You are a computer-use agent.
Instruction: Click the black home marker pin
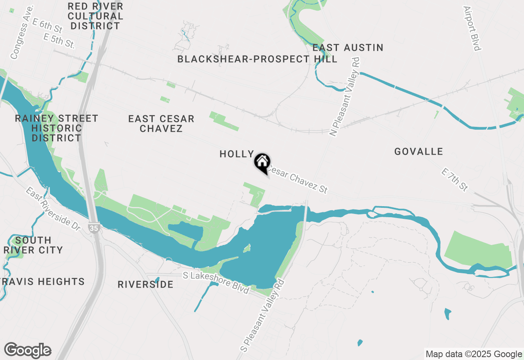pos(262,162)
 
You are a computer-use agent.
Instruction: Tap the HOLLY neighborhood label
pos(237,154)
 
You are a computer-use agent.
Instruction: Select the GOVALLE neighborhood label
pos(418,152)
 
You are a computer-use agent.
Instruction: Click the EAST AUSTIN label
pos(348,48)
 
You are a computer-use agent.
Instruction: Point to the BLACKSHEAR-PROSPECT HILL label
pos(257,59)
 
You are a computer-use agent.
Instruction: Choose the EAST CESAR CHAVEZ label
pos(161,124)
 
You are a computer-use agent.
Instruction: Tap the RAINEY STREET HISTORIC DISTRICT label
pos(56,128)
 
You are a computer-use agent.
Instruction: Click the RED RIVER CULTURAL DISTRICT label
pos(95,16)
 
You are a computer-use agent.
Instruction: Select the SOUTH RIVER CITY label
pos(33,245)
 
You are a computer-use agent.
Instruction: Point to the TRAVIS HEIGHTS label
pos(42,281)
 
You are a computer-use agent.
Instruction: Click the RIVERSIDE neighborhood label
pos(145,284)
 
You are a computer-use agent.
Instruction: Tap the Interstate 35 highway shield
pos(94,229)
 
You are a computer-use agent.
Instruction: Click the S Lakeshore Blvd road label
pos(216,283)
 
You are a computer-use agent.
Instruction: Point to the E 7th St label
pos(455,180)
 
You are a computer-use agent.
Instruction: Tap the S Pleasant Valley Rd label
pos(262,315)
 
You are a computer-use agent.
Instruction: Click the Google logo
pos(28,351)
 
